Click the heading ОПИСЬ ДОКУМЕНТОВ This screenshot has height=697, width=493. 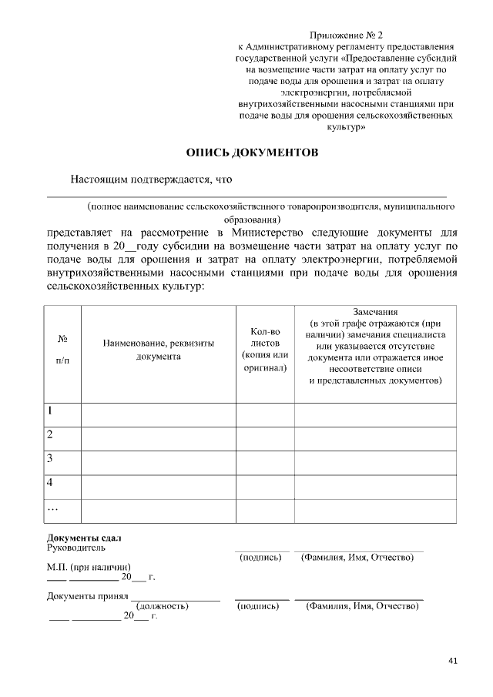251,152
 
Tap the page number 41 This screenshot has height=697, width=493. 452,660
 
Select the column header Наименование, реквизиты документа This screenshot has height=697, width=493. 158,350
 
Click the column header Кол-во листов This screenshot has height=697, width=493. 264,350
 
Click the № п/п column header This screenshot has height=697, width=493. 62,350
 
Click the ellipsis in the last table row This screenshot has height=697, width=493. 53,508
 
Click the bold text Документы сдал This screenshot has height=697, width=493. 84,537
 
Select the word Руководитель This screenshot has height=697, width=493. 76,548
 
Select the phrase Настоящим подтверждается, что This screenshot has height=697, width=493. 151,179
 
